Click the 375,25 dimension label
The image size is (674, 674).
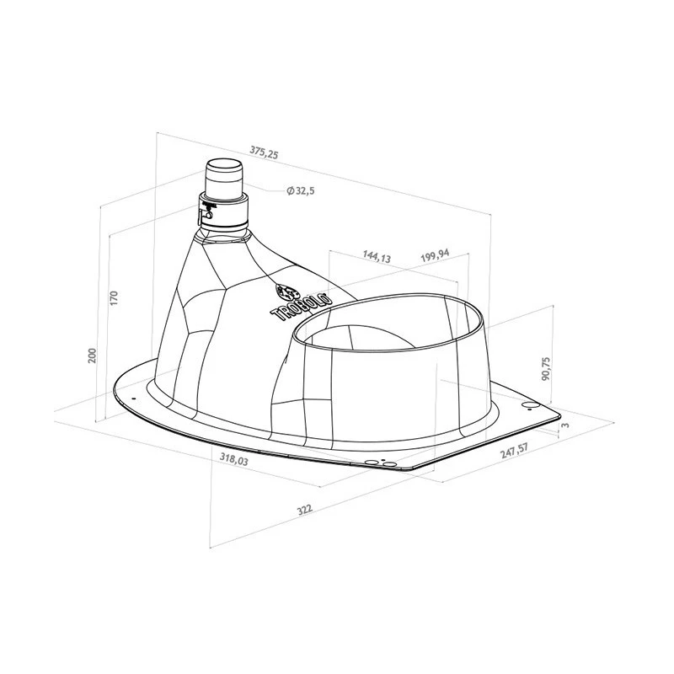pos(264,152)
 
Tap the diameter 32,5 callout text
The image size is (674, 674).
pos(301,190)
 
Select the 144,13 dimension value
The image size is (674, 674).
pos(377,256)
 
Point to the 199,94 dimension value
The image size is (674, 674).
pos(435,255)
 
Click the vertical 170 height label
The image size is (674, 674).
pos(114,298)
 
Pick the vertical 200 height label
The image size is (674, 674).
pos(93,355)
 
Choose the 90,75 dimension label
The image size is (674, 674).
pos(545,368)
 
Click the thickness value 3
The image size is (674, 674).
pos(565,425)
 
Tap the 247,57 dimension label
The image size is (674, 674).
pos(514,452)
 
